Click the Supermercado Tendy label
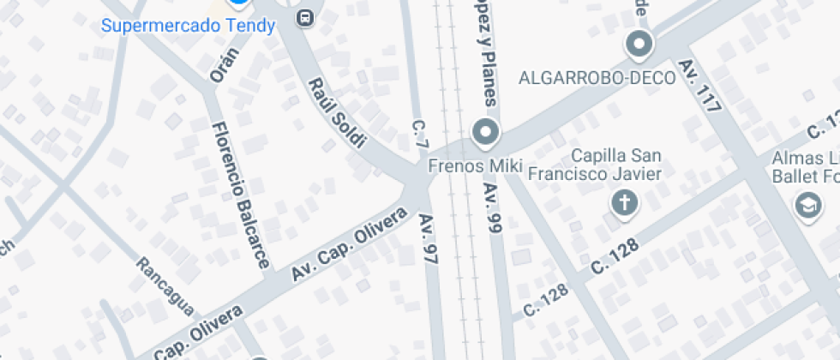[x=188, y=26]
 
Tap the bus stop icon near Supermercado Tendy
[x=304, y=17]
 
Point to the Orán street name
[x=225, y=63]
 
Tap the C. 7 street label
[x=419, y=135]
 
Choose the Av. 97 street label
[x=429, y=238]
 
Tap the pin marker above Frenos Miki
[x=487, y=134]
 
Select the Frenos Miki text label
[x=474, y=165]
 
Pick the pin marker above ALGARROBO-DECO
[x=639, y=43]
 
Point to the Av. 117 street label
[x=699, y=86]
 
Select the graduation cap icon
[x=807, y=205]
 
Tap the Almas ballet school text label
[x=806, y=168]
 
